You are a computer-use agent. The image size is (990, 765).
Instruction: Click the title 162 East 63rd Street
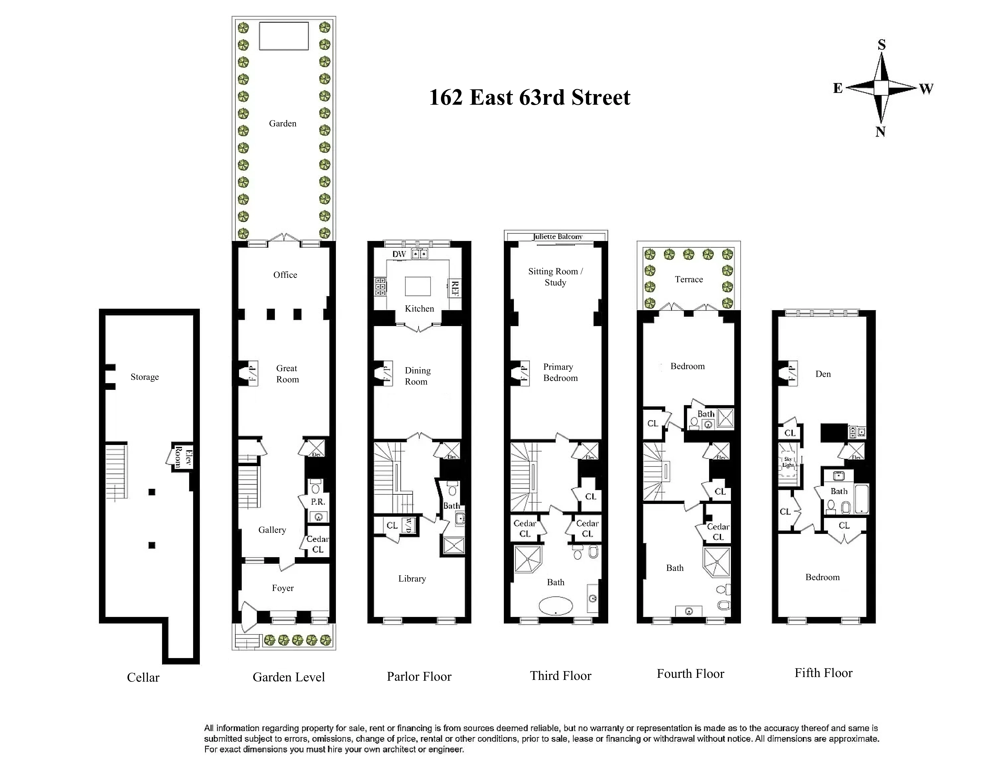[529, 98]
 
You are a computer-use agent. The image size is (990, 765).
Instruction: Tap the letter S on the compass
[881, 44]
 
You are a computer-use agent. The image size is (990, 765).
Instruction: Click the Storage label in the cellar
[145, 377]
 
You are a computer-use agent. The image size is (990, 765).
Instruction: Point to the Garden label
[282, 123]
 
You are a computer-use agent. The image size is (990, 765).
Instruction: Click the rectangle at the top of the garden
[284, 36]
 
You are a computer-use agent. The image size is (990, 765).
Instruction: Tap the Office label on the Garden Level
[285, 275]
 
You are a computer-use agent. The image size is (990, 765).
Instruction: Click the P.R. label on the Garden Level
[318, 502]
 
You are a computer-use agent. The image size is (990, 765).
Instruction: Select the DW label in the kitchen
[399, 254]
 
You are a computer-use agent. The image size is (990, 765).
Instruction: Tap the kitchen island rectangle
[417, 286]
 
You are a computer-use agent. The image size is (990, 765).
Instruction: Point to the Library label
[412, 579]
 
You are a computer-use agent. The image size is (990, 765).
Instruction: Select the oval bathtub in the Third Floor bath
[556, 606]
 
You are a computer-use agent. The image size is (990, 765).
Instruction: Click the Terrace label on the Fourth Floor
[689, 279]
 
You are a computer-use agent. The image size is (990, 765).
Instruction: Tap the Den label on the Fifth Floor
[823, 374]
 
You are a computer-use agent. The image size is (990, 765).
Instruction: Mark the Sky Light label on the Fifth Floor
[788, 462]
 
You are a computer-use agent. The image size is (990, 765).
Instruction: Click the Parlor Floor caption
[419, 677]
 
